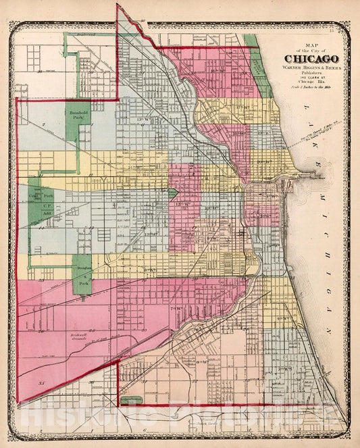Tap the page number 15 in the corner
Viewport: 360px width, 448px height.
[x=342, y=30]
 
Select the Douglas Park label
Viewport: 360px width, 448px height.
[x=82, y=270]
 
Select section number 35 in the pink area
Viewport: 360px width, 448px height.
[x=41, y=383]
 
